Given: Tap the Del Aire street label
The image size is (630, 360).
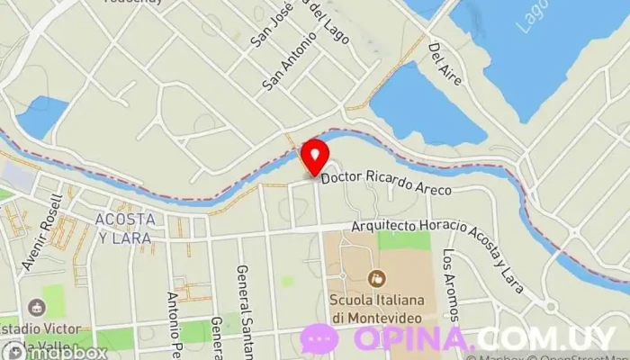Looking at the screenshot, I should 445,65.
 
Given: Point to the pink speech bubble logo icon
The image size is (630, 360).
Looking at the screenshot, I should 319,339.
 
